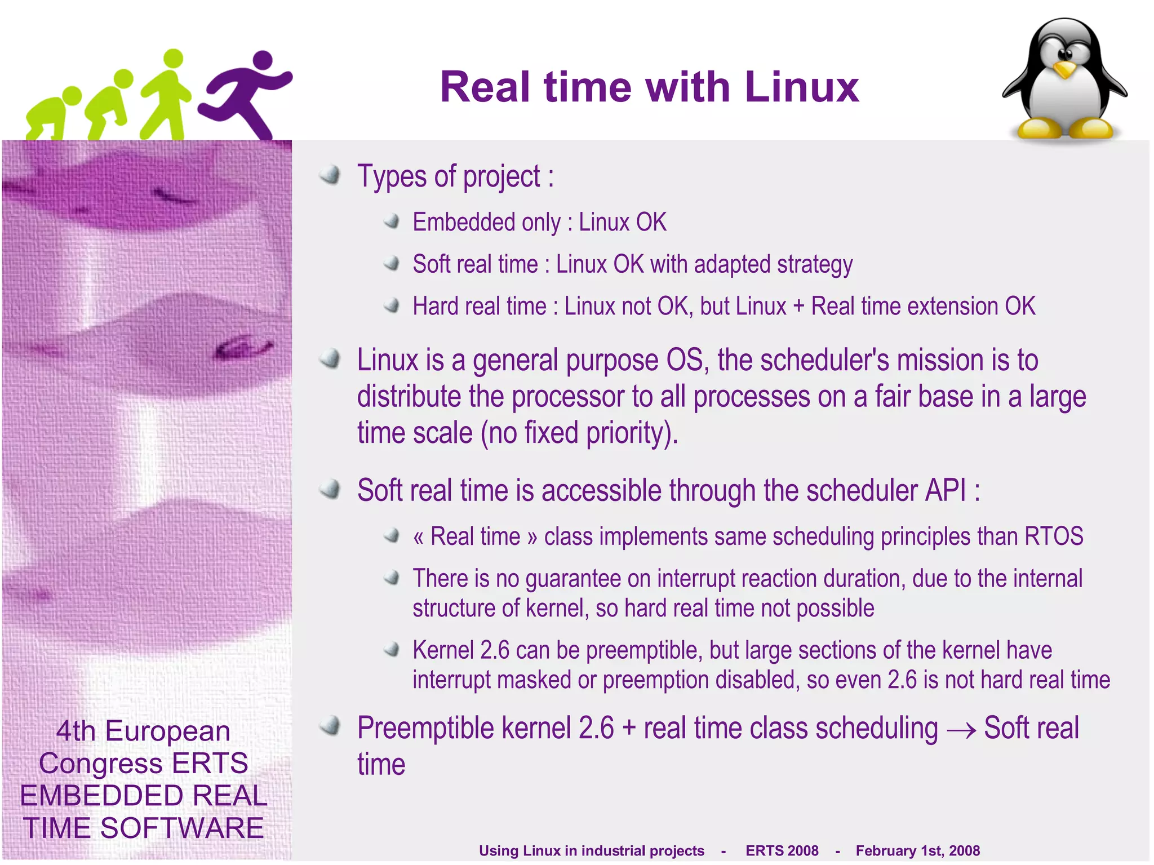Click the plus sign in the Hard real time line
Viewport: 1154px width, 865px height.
798,307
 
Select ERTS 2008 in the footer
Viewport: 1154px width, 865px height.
782,850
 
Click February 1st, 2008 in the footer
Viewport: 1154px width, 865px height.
917,850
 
